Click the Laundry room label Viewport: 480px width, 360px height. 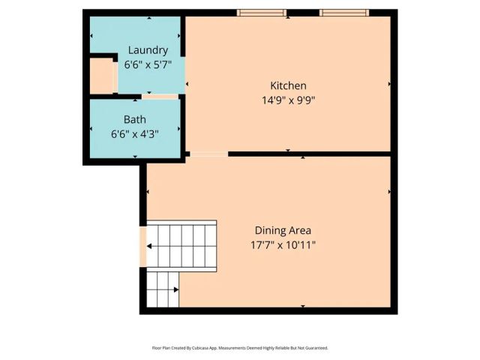[x=148, y=50]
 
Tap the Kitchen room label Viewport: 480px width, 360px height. [x=288, y=85]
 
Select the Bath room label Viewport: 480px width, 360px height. [x=135, y=119]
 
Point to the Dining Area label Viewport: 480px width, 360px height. [x=283, y=230]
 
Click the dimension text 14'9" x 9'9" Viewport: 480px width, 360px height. [x=288, y=100]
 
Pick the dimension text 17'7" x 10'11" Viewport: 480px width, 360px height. [x=283, y=245]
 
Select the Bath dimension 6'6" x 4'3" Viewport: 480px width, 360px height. [x=135, y=134]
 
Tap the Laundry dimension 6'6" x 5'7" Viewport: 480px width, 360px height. [x=148, y=65]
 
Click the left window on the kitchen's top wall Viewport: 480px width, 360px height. [x=262, y=12]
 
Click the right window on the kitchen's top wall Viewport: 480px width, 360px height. [x=344, y=12]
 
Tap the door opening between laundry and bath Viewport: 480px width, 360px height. [x=160, y=96]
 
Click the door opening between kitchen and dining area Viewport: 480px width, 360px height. [x=209, y=154]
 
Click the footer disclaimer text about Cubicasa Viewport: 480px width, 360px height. [x=240, y=348]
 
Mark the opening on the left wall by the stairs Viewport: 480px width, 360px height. [x=143, y=245]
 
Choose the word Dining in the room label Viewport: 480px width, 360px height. [x=270, y=230]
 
